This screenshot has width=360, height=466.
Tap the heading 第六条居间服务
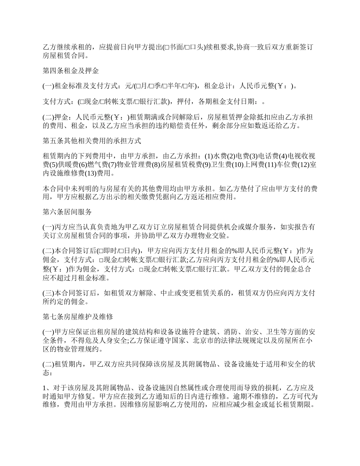67,211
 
